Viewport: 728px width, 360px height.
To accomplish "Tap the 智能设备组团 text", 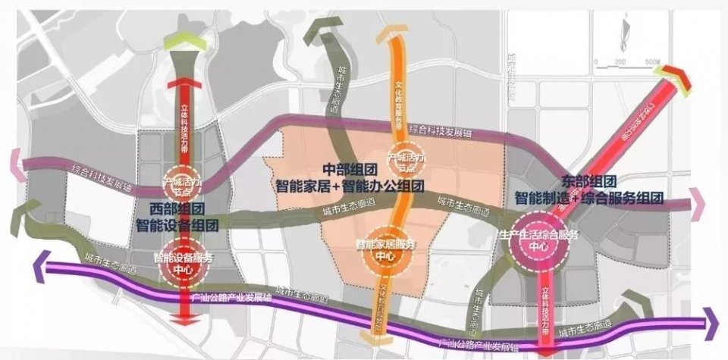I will [x=177, y=224].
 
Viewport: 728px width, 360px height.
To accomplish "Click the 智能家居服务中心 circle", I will [x=387, y=249].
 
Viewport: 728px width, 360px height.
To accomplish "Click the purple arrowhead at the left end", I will [x=40, y=265].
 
